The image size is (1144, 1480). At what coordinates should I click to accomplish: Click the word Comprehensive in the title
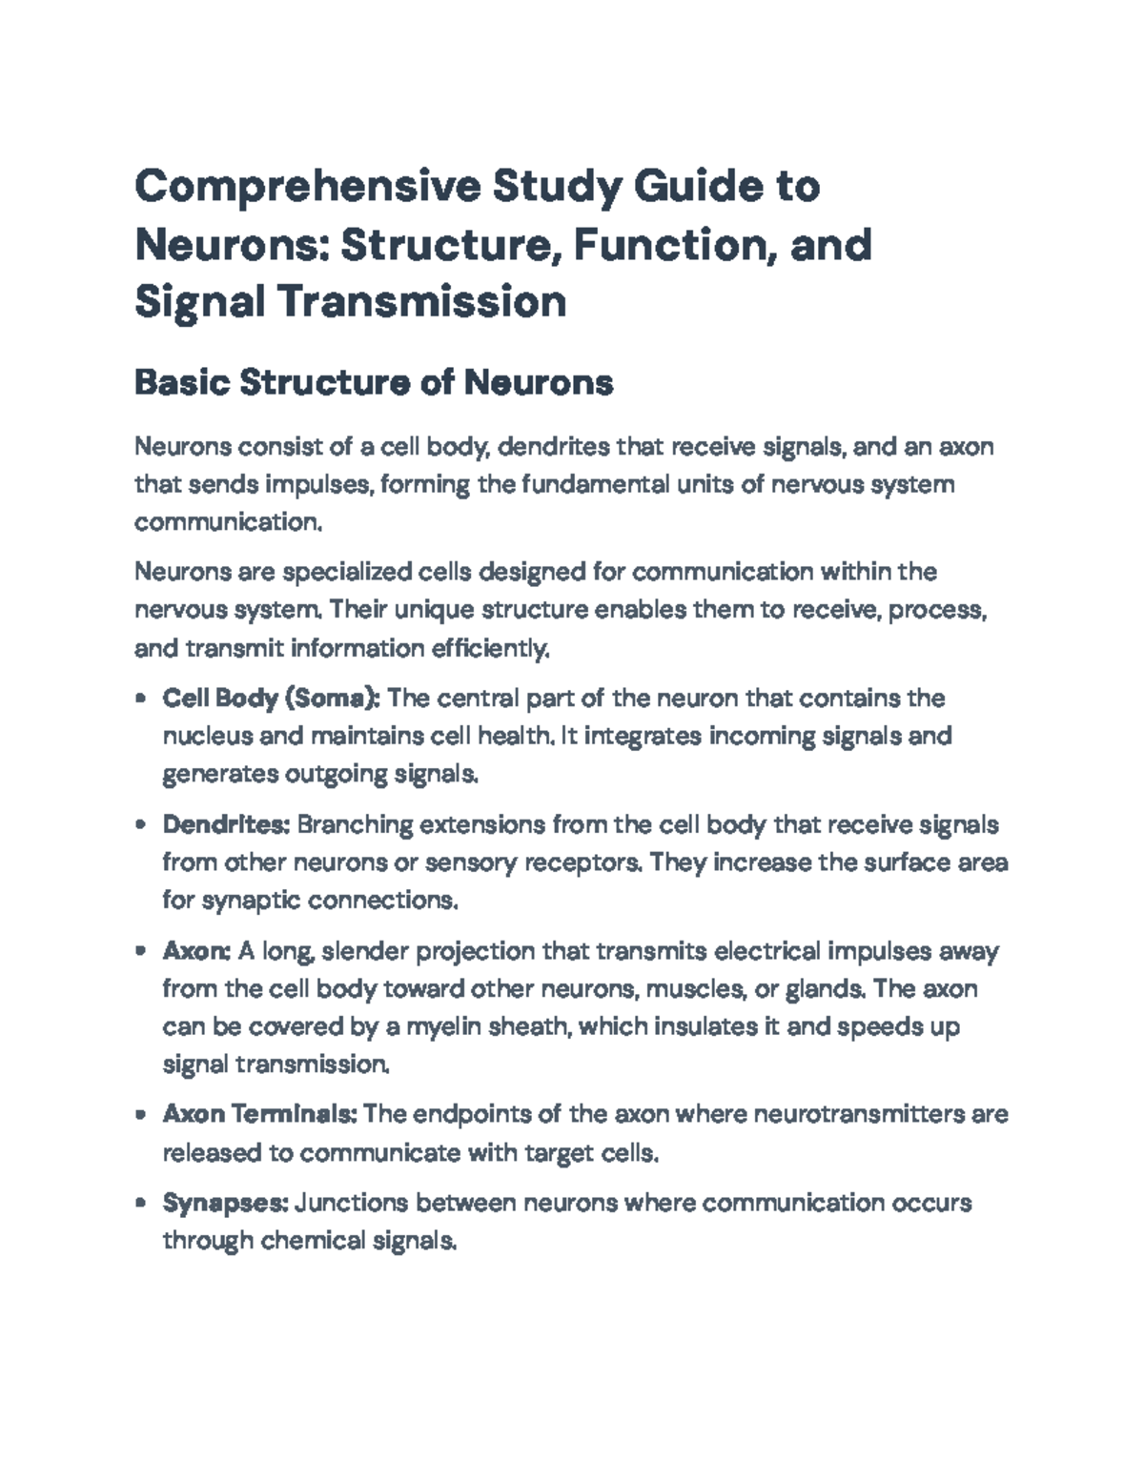305,187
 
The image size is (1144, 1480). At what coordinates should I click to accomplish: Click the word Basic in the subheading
182,383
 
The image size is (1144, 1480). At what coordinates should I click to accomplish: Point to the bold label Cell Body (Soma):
272,699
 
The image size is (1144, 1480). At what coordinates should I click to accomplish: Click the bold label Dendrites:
226,824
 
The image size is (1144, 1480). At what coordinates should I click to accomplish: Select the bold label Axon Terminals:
259,1114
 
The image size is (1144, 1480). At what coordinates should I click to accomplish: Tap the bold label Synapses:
225,1203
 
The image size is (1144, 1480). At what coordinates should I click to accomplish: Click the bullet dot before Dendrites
141,825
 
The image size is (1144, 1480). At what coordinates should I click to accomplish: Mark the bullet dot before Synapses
141,1204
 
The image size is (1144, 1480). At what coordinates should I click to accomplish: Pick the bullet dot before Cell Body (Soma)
141,699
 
